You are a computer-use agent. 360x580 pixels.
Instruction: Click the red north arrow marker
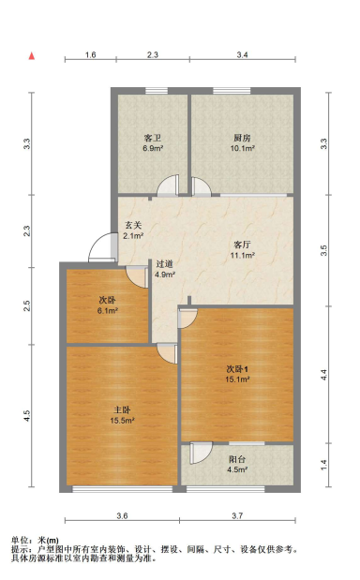tap(32, 57)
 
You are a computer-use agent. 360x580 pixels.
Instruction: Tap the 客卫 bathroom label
tap(153, 138)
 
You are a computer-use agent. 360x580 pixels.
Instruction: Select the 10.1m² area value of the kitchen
tap(243, 148)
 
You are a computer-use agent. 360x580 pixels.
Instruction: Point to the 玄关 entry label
tap(133, 225)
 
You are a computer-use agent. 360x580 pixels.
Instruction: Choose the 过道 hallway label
tap(165, 264)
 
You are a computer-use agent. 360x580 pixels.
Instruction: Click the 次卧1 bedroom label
tap(237, 367)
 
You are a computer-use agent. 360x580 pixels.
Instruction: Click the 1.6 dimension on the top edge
tap(90, 56)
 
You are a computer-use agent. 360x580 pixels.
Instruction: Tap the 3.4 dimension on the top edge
tap(242, 56)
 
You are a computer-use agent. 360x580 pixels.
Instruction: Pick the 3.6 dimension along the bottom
tap(122, 516)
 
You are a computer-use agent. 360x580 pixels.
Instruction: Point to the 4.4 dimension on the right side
tap(325, 373)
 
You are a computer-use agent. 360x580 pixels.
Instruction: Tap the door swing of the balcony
tap(199, 454)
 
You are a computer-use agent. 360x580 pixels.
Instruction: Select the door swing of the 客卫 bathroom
tap(167, 186)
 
